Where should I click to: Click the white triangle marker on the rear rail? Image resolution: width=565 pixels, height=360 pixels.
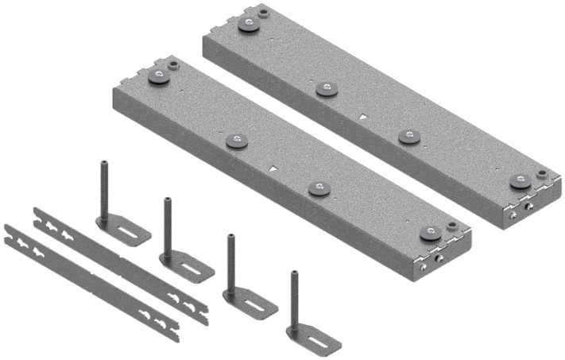(363, 117)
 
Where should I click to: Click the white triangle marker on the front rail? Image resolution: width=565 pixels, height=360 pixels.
(272, 169)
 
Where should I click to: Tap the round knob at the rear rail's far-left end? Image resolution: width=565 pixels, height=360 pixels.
(248, 24)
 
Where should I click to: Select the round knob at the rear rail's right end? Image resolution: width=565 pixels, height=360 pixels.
(520, 181)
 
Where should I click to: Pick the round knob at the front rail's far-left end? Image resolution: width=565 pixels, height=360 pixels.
(159, 76)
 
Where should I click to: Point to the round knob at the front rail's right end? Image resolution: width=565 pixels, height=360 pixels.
(429, 234)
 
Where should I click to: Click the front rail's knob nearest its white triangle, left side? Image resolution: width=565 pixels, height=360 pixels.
(237, 141)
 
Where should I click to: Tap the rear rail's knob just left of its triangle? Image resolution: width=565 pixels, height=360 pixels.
(323, 88)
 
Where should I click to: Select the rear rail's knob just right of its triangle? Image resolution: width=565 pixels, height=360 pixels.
(408, 137)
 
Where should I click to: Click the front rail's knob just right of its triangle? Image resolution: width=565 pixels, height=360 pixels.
(319, 188)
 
